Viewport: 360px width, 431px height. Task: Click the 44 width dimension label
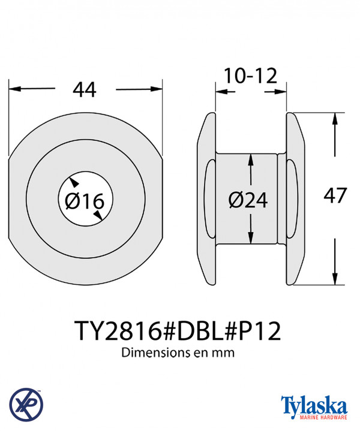[x=85, y=89]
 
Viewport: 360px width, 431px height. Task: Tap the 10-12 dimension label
[x=250, y=76]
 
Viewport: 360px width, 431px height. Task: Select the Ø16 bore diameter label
[x=85, y=201]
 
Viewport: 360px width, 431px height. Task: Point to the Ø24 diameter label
[x=248, y=200]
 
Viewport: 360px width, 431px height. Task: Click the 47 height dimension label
[x=335, y=195]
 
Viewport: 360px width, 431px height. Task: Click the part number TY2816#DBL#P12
[x=178, y=331]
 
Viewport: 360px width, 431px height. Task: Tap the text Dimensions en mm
[x=178, y=352]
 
